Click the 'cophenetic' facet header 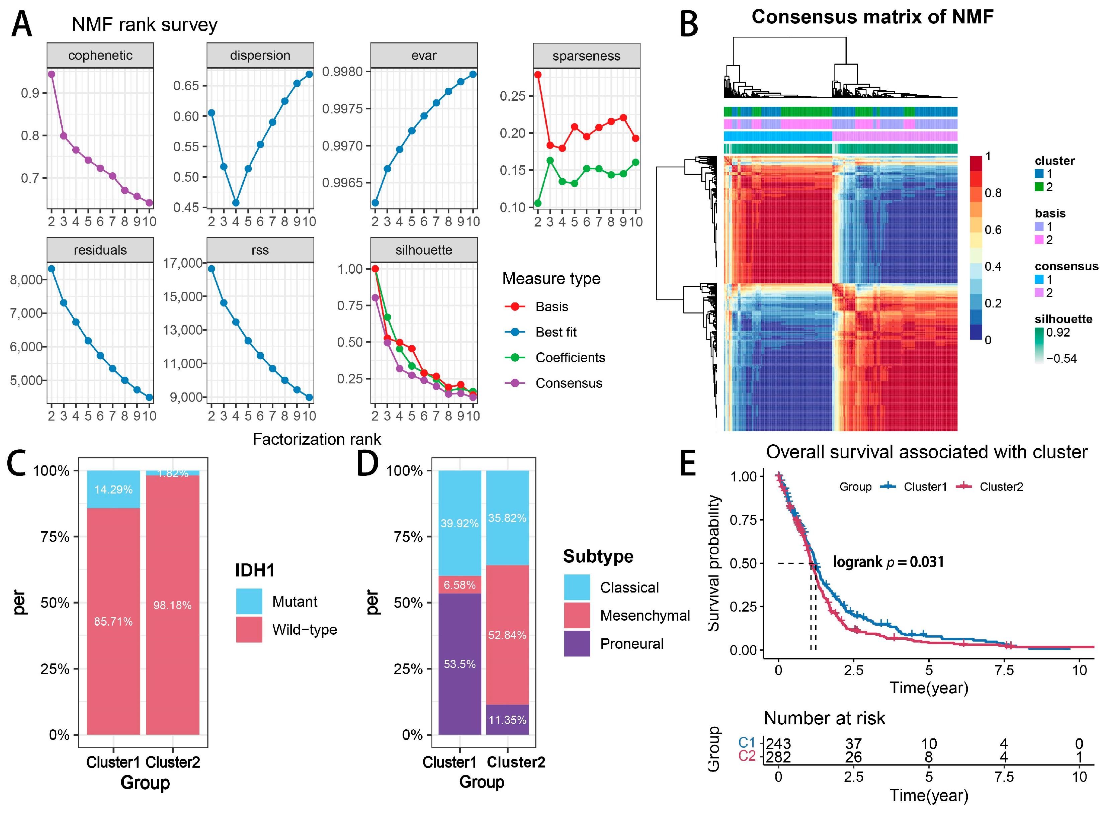pyautogui.click(x=100, y=55)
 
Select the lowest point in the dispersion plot pyautogui.click(x=236, y=202)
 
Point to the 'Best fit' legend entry pyautogui.click(x=556, y=332)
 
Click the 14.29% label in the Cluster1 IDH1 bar pyautogui.click(x=113, y=489)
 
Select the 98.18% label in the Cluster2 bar pyautogui.click(x=172, y=605)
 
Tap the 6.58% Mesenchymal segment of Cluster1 pyautogui.click(x=459, y=585)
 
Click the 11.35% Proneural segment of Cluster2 pyautogui.click(x=507, y=720)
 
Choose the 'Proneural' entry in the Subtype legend pyautogui.click(x=631, y=643)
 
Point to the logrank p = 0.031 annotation pyautogui.click(x=888, y=562)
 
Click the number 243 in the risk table pyautogui.click(x=778, y=743)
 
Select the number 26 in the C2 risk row pyautogui.click(x=854, y=757)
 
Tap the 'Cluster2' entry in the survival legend pyautogui.click(x=1001, y=487)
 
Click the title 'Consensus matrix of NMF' pyautogui.click(x=872, y=17)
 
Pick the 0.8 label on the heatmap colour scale pyautogui.click(x=993, y=193)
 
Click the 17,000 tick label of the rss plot pyautogui.click(x=183, y=263)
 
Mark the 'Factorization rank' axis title pyautogui.click(x=317, y=439)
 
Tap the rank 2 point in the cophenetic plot pyautogui.click(x=51, y=74)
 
